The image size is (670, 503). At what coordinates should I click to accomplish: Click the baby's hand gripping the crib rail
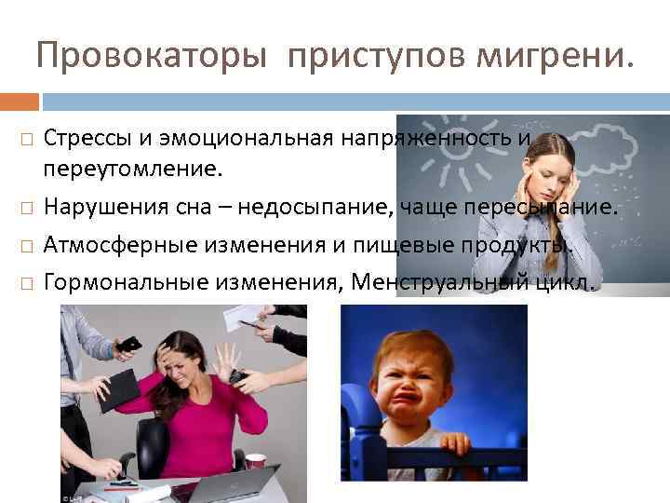pyautogui.click(x=455, y=444)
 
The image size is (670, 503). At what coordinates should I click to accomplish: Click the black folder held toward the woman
pyautogui.click(x=118, y=388)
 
